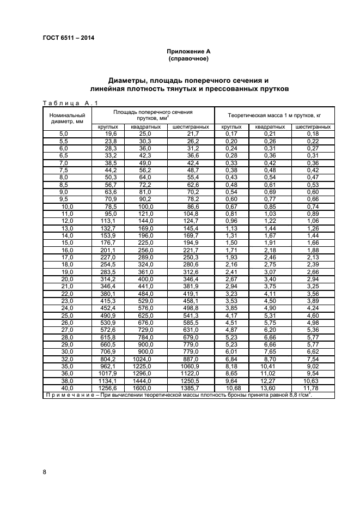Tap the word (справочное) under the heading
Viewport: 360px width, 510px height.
click(188, 58)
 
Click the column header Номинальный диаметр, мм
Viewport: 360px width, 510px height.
click(67, 118)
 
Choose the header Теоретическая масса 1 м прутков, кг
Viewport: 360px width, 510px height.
click(274, 115)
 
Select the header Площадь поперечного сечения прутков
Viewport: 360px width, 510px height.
click(153, 114)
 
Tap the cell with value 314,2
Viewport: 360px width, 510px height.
click(108, 279)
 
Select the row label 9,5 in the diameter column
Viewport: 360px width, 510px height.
click(63, 199)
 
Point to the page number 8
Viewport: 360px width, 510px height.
click(44, 472)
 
